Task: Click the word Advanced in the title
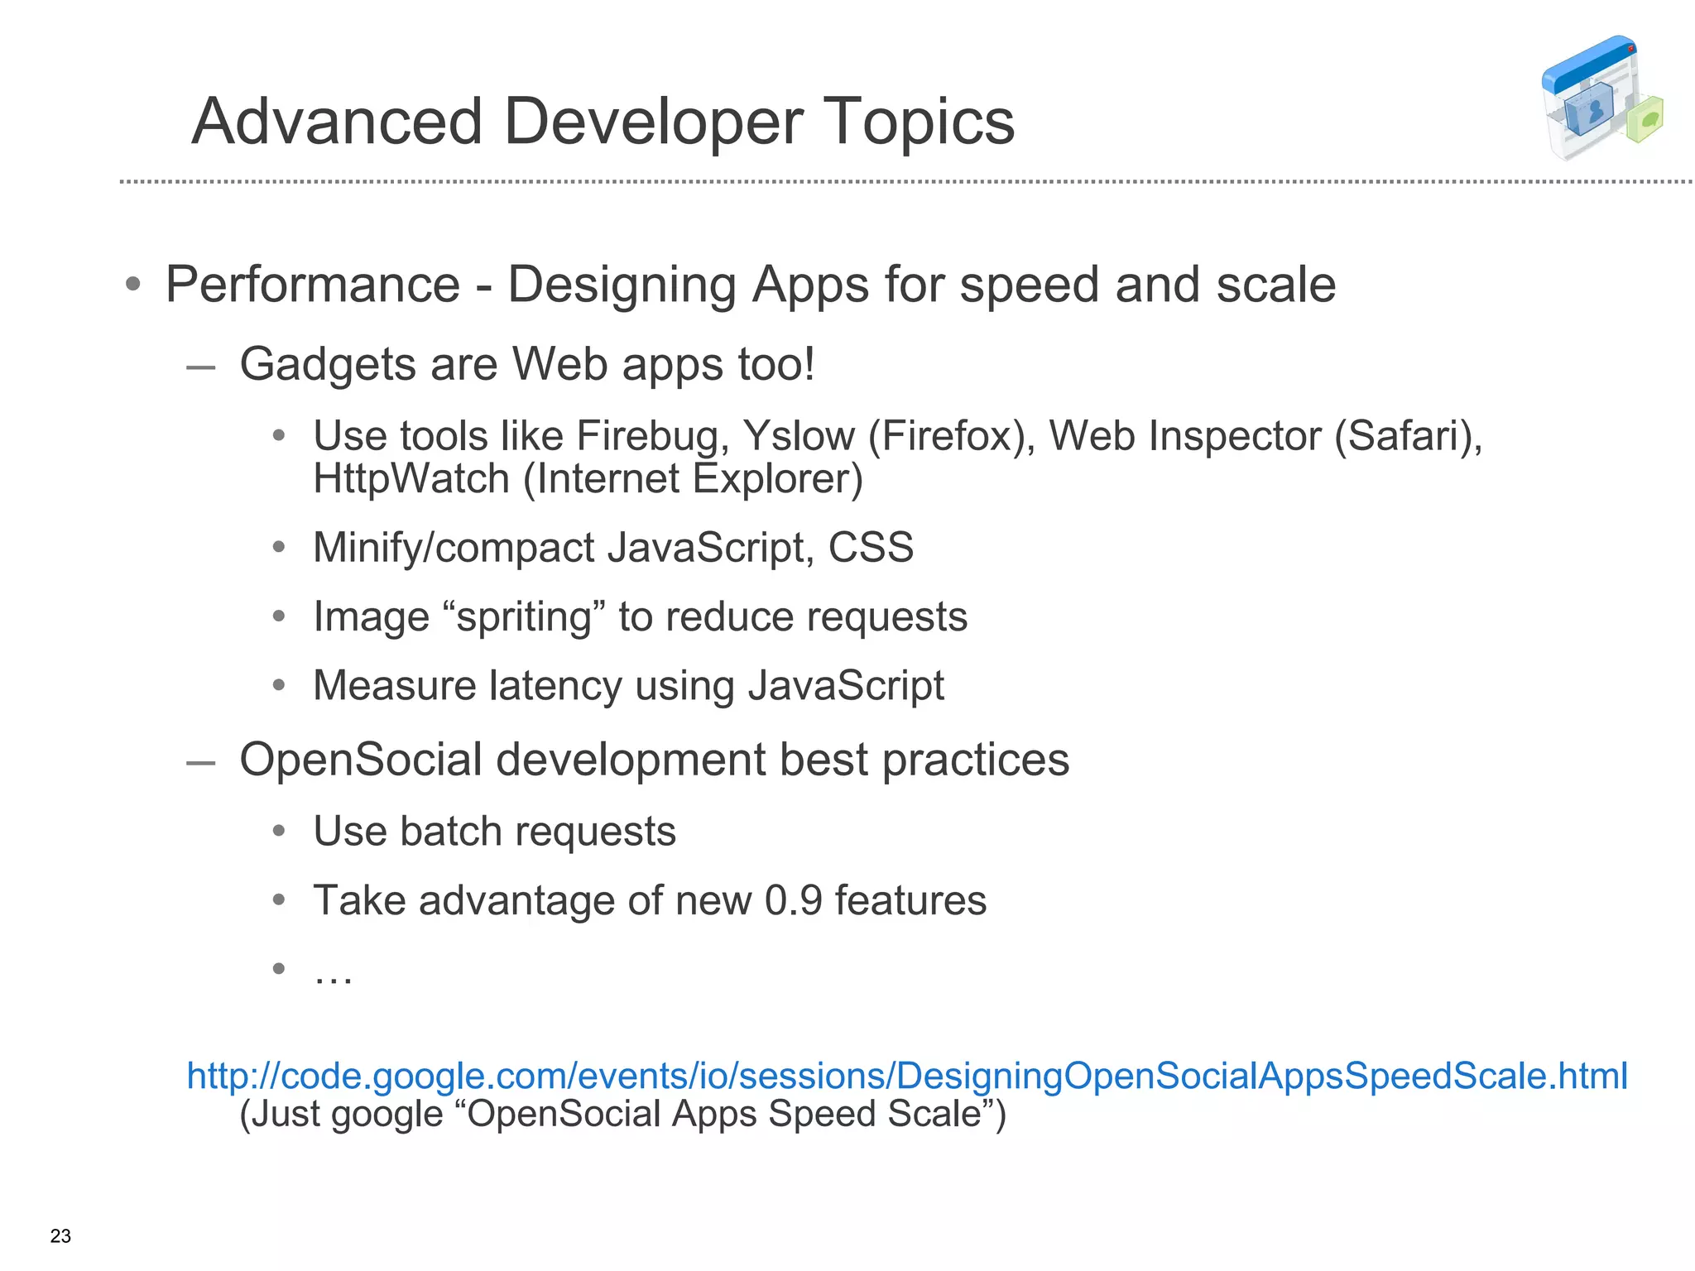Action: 337,122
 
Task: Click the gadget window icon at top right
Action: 1601,98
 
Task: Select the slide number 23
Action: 60,1236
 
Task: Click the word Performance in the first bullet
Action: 312,285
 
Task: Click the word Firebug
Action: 652,436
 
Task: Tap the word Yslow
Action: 799,436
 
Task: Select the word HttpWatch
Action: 411,479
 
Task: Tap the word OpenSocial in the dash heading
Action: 360,760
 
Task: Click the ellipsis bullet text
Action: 333,973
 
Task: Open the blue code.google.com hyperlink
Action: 906,1076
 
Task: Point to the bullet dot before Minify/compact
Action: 279,547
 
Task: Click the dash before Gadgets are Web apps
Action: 200,367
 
